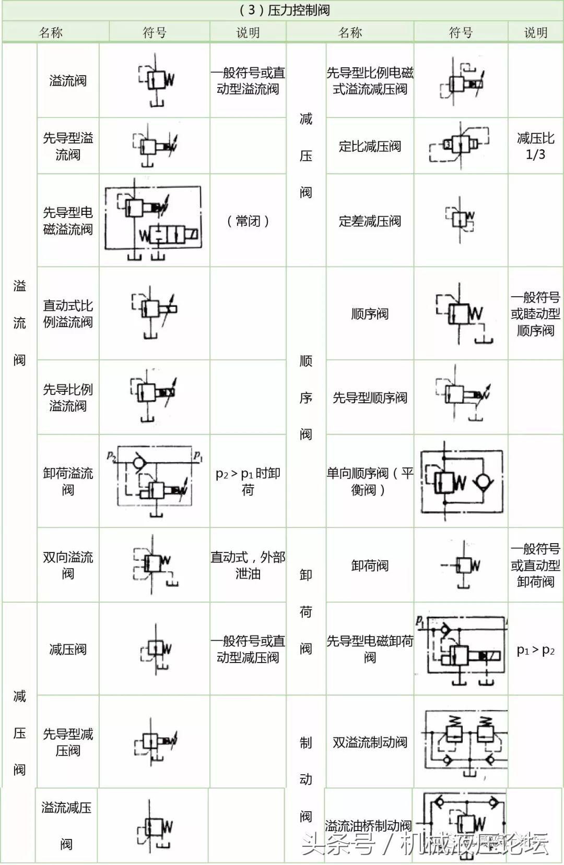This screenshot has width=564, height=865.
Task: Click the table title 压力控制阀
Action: click(x=298, y=10)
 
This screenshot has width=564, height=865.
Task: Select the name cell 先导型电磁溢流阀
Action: click(x=68, y=221)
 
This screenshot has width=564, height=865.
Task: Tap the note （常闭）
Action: click(x=248, y=221)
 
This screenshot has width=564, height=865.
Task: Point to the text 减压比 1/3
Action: click(x=535, y=146)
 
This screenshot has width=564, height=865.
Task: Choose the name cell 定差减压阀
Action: click(x=370, y=221)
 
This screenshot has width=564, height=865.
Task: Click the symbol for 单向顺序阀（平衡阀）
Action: click(x=462, y=481)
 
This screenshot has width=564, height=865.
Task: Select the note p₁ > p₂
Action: click(x=535, y=650)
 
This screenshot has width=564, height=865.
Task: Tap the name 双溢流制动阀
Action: click(x=370, y=742)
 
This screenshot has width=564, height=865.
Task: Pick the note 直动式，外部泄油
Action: click(x=248, y=565)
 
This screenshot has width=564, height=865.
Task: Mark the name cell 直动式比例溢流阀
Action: click(x=68, y=314)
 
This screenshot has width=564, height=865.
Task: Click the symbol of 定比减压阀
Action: click(x=460, y=146)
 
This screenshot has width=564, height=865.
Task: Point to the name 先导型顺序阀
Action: click(x=370, y=398)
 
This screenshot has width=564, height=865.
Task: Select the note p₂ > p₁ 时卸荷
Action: click(x=248, y=481)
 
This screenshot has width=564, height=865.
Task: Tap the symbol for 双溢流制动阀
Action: click(x=465, y=742)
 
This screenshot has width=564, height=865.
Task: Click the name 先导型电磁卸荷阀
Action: click(x=370, y=649)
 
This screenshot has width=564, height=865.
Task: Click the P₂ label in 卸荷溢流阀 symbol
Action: click(x=111, y=456)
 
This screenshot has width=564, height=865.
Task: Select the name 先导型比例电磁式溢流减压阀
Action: click(x=370, y=81)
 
